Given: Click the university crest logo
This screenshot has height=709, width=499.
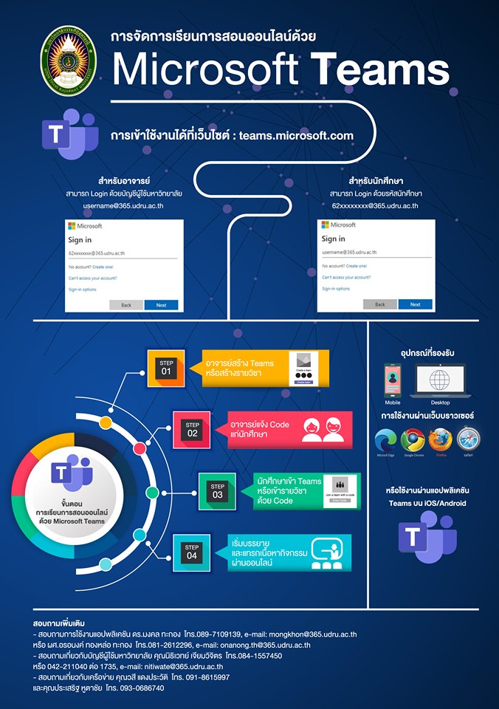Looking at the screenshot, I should pyautogui.click(x=64, y=64).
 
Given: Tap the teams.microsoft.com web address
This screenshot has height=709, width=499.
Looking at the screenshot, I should pyautogui.click(x=296, y=135).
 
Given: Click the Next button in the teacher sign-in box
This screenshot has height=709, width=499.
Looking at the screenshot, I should pyautogui.click(x=161, y=304).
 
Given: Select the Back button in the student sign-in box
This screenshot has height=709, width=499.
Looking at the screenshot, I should pyautogui.click(x=379, y=304).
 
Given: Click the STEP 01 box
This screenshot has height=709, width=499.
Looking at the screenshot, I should pyautogui.click(x=165, y=367).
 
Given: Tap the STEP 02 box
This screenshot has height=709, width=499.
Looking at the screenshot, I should pyautogui.click(x=192, y=429).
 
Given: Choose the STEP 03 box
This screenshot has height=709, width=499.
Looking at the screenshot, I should pyautogui.click(x=217, y=490).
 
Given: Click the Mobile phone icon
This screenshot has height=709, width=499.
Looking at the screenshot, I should pyautogui.click(x=393, y=380).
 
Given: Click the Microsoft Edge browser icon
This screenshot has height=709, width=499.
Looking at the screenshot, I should pyautogui.click(x=386, y=441).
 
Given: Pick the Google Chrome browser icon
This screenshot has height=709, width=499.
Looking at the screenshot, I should pyautogui.click(x=413, y=441).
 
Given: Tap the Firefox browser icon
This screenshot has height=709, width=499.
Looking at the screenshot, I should pyautogui.click(x=440, y=441).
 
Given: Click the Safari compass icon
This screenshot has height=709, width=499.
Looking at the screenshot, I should pyautogui.click(x=469, y=441).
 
